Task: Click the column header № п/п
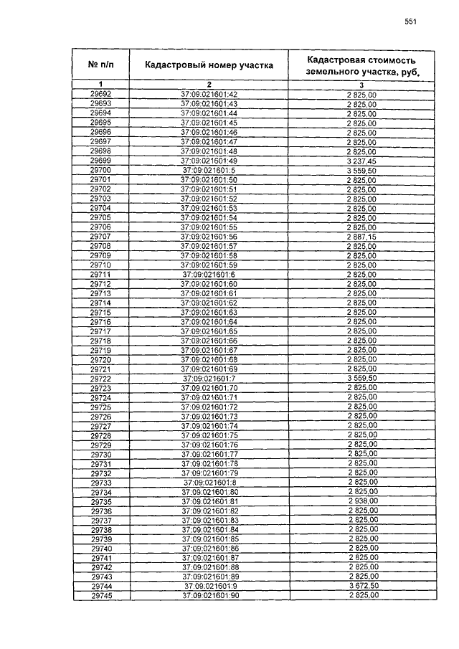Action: click(101, 65)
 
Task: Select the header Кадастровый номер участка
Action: click(209, 65)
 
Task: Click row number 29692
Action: click(101, 95)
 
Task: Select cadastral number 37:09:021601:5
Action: click(209, 170)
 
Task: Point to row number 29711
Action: click(101, 274)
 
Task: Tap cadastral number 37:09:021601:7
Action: click(209, 378)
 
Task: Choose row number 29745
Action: click(101, 595)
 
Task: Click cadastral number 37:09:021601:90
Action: click(209, 595)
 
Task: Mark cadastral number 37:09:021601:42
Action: click(209, 95)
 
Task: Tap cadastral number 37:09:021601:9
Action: click(209, 586)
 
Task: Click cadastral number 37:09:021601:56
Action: click(209, 236)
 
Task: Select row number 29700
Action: click(101, 170)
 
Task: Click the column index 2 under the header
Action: click(209, 85)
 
